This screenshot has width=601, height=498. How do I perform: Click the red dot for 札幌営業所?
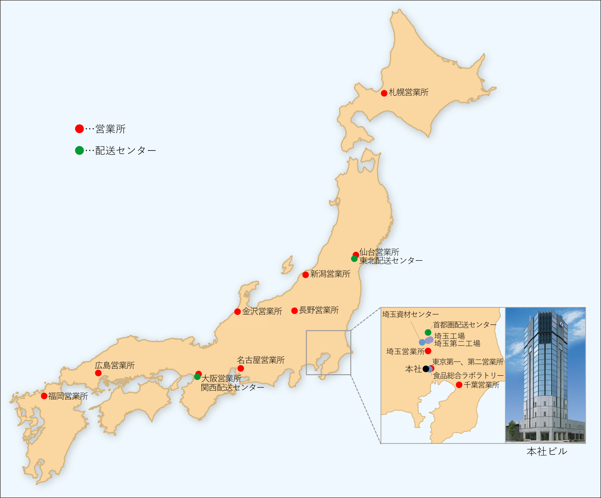tap(384, 93)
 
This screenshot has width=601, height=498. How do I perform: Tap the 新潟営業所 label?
tap(330, 274)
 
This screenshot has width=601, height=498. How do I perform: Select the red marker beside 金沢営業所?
tap(238, 312)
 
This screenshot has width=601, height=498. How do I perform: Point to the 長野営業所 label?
tap(319, 310)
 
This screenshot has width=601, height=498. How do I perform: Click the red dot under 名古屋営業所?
tap(240, 368)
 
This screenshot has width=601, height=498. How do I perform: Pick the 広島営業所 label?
tap(115, 365)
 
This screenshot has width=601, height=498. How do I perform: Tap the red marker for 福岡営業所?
tap(44, 396)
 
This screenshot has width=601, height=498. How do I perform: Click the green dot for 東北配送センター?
tap(354, 259)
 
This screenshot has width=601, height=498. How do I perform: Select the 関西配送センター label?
tap(232, 387)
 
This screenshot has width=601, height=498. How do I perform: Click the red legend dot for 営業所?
tap(79, 129)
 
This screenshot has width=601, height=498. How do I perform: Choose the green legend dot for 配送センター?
tap(79, 150)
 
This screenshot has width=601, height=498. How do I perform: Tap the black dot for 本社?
tap(426, 369)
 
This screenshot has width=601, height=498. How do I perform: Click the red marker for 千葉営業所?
tap(459, 385)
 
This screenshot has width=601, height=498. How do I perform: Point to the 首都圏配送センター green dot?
tap(428, 332)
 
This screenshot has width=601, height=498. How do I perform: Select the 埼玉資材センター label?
tap(410, 314)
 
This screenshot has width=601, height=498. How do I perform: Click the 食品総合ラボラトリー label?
tap(468, 376)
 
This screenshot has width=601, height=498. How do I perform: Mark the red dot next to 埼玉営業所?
tap(428, 351)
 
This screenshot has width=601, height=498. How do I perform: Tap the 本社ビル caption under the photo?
tap(547, 452)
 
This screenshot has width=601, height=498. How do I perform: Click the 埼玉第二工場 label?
tap(457, 344)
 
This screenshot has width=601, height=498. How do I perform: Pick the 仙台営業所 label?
tap(379, 252)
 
